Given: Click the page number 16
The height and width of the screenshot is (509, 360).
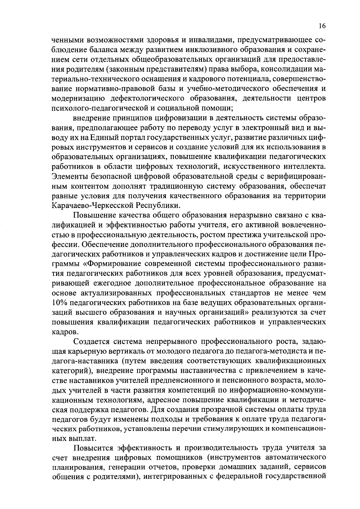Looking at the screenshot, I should (322, 26).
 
